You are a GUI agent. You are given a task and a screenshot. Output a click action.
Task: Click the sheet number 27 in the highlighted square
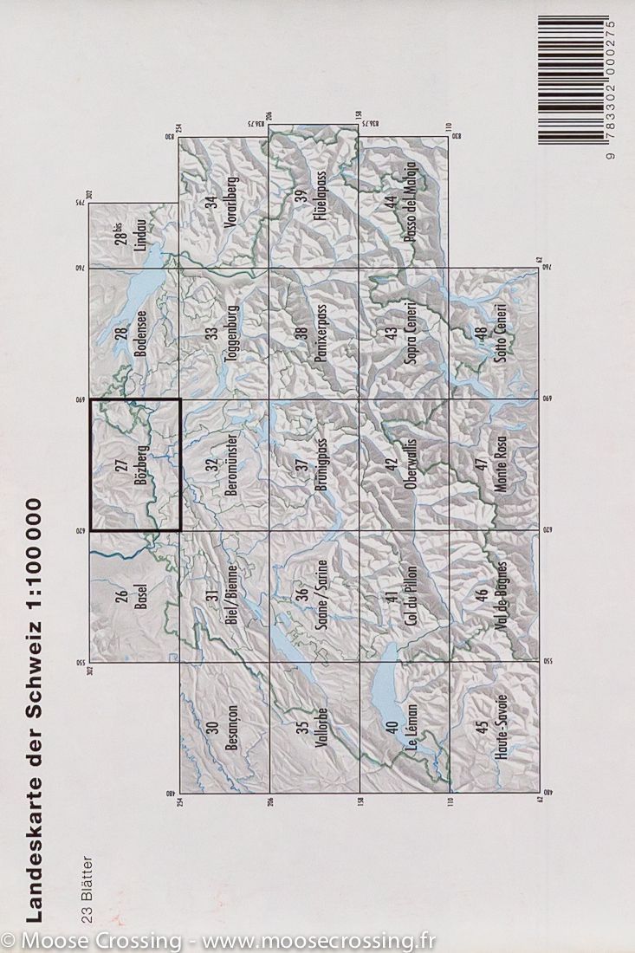point(120,466)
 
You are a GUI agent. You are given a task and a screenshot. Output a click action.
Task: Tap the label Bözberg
point(141,465)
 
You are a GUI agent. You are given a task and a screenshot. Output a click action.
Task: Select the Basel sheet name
point(141,598)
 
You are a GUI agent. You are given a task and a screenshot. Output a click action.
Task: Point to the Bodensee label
point(141,334)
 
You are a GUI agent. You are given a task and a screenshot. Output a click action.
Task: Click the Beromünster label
point(231,465)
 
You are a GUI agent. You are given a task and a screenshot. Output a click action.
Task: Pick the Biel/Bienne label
point(231,597)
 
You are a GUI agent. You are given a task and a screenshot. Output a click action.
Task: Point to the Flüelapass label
point(320,201)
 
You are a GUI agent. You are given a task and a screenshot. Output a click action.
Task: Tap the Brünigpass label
point(321,465)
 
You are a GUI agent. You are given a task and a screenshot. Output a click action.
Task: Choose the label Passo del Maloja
point(411,202)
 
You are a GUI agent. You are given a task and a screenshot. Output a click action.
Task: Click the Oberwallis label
point(411,465)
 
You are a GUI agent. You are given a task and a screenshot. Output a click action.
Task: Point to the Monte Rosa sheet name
point(500,465)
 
